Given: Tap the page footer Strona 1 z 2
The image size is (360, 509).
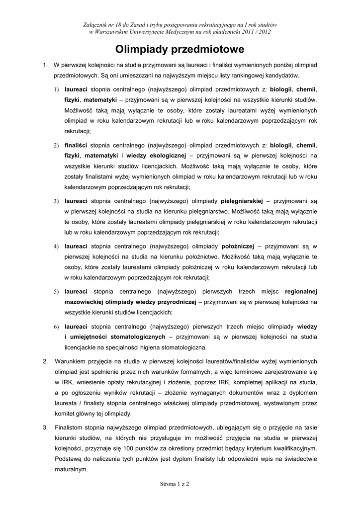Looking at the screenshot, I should point(180,483).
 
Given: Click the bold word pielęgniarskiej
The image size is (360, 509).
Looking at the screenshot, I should point(242,201).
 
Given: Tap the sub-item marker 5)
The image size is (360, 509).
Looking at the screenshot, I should point(57,292).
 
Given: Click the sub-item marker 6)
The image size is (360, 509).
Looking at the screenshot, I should point(57,327).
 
